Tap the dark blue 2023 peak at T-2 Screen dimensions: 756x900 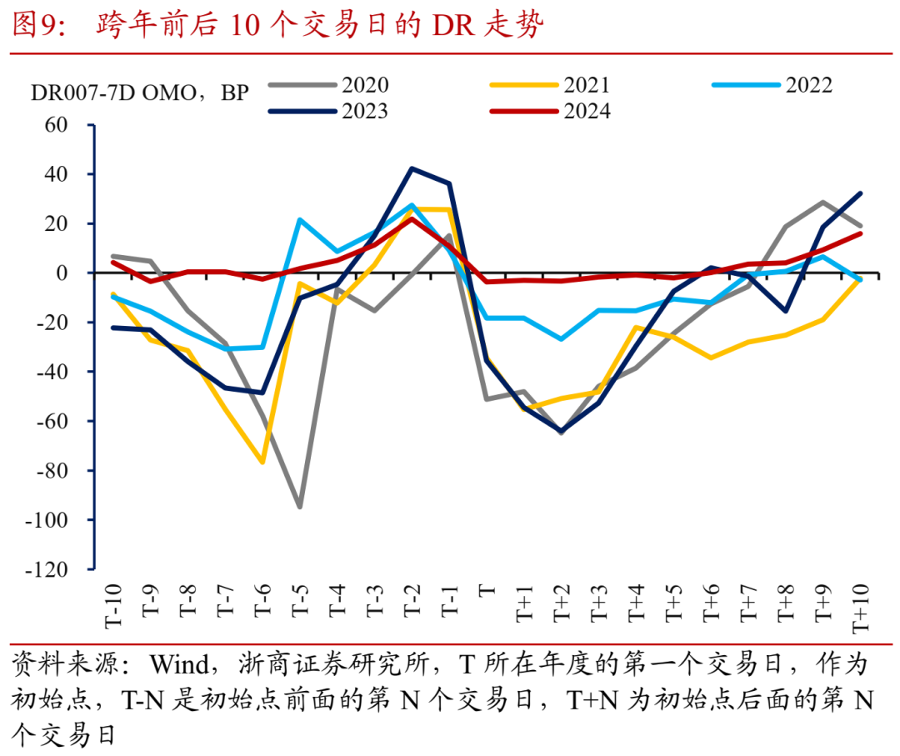point(412,168)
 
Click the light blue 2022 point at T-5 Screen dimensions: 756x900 point(299,220)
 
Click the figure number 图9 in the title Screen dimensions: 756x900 point(33,26)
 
